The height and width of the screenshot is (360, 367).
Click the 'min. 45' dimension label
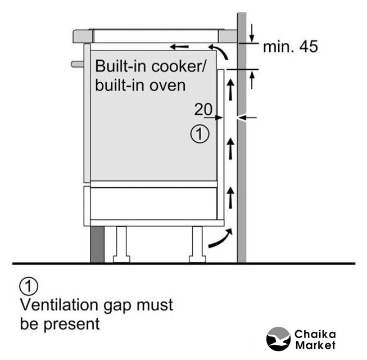[290, 47]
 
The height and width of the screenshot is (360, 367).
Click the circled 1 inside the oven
[200, 134]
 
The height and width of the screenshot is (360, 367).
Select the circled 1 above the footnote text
[29, 286]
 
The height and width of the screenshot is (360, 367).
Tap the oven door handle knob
[77, 64]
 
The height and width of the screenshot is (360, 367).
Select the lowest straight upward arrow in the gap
[230, 197]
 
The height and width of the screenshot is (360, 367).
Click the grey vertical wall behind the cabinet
[242, 169]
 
